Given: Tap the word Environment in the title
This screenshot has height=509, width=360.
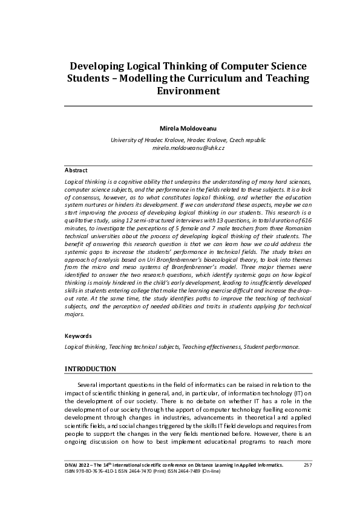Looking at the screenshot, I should click(x=188, y=92).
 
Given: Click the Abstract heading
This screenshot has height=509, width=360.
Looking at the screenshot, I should click(x=76, y=170).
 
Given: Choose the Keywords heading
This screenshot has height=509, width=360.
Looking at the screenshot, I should click(x=78, y=336).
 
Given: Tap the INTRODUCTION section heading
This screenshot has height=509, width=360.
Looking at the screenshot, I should click(x=90, y=369).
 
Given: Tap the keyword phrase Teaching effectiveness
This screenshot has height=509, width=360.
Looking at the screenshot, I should click(x=212, y=347).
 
